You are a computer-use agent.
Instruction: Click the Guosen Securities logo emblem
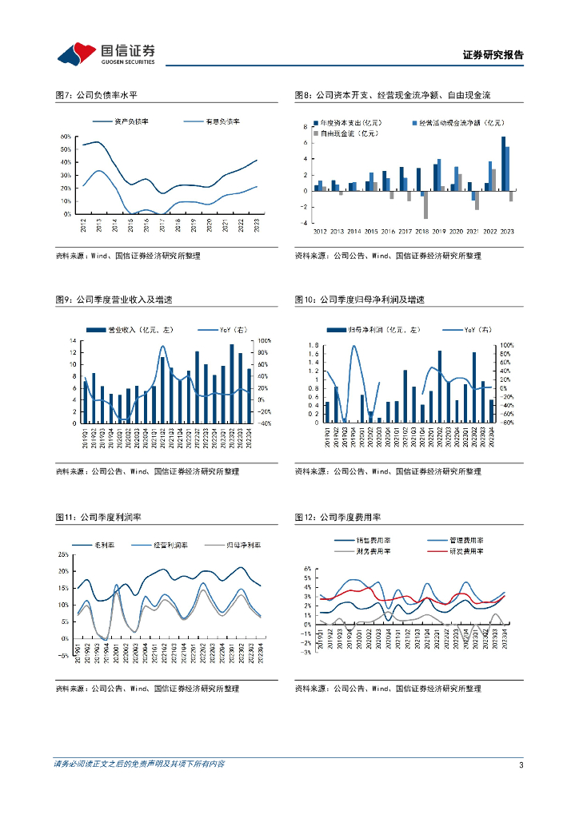pyautogui.click(x=77, y=54)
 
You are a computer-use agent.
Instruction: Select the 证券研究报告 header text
pyautogui.click(x=493, y=55)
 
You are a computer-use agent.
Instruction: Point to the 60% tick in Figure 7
pyautogui.click(x=66, y=137)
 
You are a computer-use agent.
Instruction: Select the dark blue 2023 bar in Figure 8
pyautogui.click(x=503, y=163)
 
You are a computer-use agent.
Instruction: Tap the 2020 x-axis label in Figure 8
pyautogui.click(x=457, y=232)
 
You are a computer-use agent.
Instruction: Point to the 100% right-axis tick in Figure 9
pyautogui.click(x=265, y=341)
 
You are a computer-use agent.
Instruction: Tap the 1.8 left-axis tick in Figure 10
pyautogui.click(x=314, y=345)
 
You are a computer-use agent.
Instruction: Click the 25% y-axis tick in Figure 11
pyautogui.click(x=64, y=554)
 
